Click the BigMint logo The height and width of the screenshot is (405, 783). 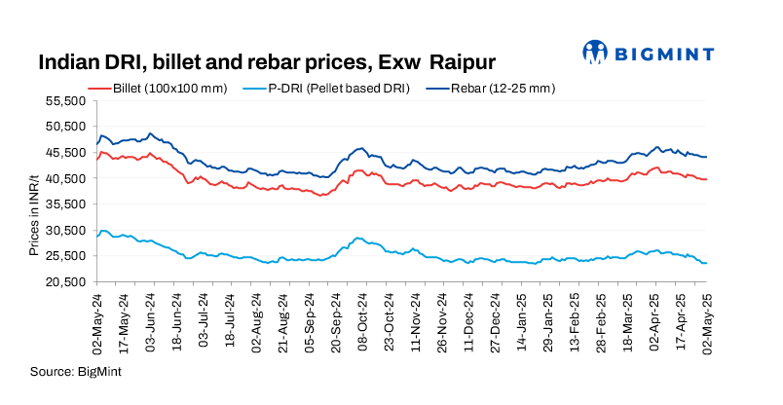pos(647,52)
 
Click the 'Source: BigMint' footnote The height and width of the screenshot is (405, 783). pos(76,371)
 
